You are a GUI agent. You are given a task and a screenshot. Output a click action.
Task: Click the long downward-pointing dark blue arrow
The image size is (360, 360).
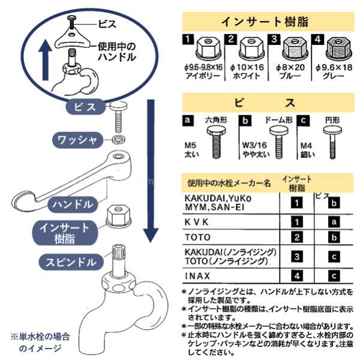click(x=151, y=171)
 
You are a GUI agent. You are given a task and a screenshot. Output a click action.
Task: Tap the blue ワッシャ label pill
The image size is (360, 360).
click(x=78, y=140)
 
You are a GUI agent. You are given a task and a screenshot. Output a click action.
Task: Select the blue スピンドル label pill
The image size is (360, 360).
click(x=71, y=262)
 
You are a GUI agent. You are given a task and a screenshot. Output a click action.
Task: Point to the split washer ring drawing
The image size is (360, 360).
click(x=118, y=139)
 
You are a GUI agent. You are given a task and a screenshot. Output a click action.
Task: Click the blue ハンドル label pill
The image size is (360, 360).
click(x=73, y=205)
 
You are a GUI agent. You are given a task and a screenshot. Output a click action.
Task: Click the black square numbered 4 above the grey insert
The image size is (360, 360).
click(x=318, y=39)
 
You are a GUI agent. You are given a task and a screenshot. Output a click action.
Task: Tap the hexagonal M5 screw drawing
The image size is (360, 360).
click(x=216, y=143)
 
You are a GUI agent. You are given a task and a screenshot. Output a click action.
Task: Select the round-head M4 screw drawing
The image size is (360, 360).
click(x=332, y=142)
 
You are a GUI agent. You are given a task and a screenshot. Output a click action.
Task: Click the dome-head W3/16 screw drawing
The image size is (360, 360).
click(x=279, y=143)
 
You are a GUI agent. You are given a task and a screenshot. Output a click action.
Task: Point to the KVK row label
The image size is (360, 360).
click(x=197, y=222)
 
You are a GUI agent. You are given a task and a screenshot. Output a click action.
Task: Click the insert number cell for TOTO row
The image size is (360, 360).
click(x=296, y=238)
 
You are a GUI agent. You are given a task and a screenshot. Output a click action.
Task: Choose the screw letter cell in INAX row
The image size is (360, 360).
click(x=334, y=276)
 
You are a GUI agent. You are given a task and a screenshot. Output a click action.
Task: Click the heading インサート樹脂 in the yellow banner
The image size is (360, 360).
click(x=265, y=22)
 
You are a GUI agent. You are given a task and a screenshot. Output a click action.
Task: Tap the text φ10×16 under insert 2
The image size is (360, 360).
click(x=247, y=67)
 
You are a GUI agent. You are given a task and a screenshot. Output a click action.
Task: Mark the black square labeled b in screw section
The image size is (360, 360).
click(x=245, y=121)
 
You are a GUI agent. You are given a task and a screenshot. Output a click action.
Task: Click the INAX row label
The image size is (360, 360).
click(x=197, y=276)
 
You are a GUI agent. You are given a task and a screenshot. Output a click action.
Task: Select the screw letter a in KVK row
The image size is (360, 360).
click(x=334, y=222)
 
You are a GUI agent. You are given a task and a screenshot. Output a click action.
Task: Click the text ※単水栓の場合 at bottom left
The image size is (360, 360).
click(x=40, y=337)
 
